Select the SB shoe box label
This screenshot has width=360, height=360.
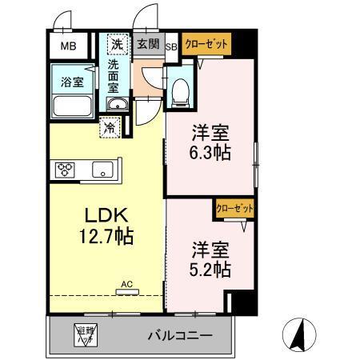[170, 46]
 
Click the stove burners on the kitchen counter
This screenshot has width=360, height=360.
[65, 169]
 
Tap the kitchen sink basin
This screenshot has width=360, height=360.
[102, 169]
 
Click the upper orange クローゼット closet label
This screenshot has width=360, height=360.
[206, 46]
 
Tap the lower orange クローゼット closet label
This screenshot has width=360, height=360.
[234, 208]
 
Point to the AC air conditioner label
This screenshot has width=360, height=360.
[126, 283]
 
